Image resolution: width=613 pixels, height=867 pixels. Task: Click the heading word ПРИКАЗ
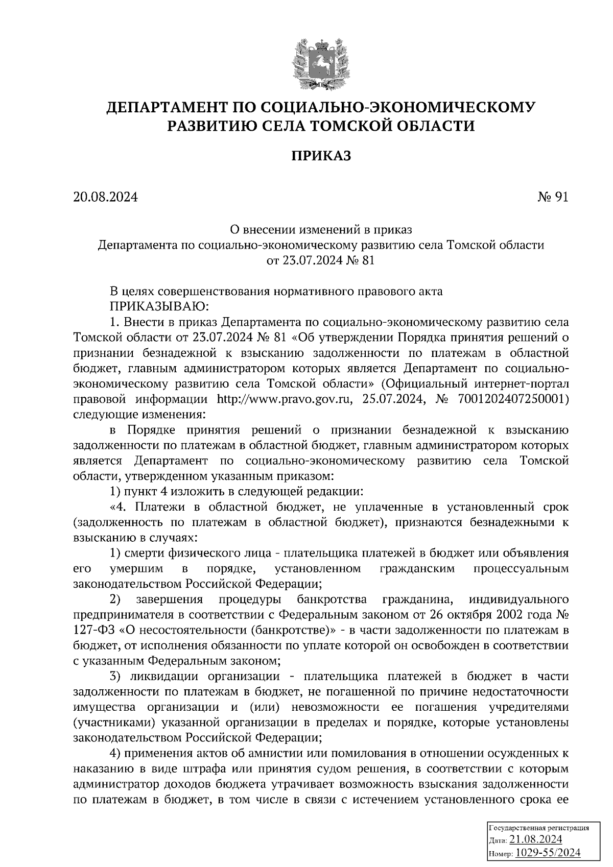(321, 156)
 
